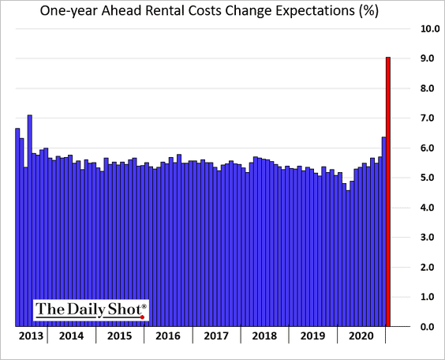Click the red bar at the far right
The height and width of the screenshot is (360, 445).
tap(388, 192)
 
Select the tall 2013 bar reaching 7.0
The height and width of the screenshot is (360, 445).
tap(30, 220)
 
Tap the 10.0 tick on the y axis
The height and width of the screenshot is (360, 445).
tap(430, 28)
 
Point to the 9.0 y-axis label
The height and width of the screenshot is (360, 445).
tap(428, 58)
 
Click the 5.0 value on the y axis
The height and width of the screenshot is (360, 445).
tap(428, 178)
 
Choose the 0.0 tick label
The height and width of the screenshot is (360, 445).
tap(428, 327)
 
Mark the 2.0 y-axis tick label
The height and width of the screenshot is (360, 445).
tap(428, 267)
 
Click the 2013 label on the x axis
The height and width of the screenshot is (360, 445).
tap(31, 336)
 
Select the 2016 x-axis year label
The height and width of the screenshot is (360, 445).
tap(168, 336)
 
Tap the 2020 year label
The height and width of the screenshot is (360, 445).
tap(361, 336)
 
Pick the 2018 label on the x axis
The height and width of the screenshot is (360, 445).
tap(264, 336)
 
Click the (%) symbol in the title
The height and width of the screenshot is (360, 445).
tap(369, 11)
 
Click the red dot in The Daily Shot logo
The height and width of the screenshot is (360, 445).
tap(143, 317)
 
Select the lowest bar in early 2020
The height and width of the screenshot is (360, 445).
tap(348, 258)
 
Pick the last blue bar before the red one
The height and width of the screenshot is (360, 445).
tap(384, 231)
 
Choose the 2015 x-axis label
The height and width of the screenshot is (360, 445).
tap(120, 336)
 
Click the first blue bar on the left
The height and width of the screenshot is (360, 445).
tap(17, 227)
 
